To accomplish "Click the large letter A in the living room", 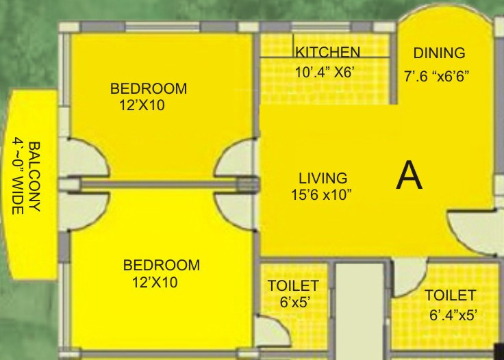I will tap(409, 176).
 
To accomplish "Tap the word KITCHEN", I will tap(327, 53).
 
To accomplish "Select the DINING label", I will tap(439, 53).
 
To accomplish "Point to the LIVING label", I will tap(323, 179).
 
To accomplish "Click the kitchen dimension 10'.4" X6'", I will tap(325, 71).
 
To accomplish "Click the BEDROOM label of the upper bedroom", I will tap(149, 89).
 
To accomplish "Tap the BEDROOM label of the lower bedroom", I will tap(162, 265).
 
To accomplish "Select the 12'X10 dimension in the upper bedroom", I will tap(142, 105).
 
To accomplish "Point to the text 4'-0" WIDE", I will tap(18, 177).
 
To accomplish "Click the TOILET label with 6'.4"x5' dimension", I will tap(450, 296).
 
